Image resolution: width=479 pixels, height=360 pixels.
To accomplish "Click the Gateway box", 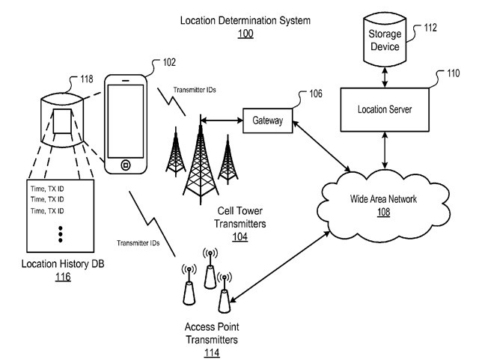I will click(267, 120).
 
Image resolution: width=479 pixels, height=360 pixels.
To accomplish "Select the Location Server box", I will click(385, 109).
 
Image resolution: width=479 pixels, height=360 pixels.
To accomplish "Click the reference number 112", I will click(432, 28).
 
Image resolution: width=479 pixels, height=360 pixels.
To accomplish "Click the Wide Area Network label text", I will click(383, 199).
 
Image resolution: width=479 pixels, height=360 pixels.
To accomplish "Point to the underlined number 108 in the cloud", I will click(383, 212).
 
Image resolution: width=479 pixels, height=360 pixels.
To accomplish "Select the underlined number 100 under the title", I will click(245, 34).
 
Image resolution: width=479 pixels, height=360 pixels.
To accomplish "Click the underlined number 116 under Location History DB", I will click(62, 277).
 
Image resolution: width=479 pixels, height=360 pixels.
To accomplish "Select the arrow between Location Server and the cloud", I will click(385, 149).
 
